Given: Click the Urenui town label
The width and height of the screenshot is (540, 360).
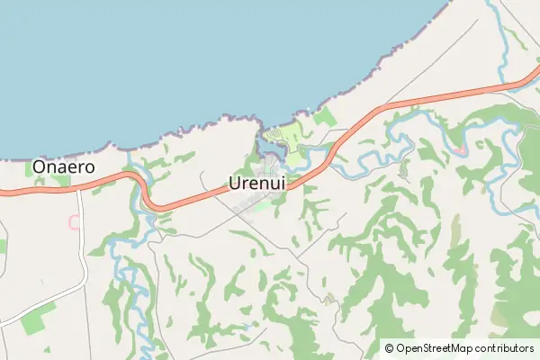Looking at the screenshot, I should (257, 183).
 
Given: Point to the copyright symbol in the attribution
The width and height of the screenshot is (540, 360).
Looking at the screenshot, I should (389, 348).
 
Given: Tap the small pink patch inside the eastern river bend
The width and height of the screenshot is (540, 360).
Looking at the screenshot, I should (462, 148).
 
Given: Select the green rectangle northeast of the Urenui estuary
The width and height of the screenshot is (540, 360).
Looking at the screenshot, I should (326, 117).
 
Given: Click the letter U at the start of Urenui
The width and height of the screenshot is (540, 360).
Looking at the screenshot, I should (236, 183).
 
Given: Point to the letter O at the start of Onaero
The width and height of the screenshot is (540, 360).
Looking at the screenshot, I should (39, 167).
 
